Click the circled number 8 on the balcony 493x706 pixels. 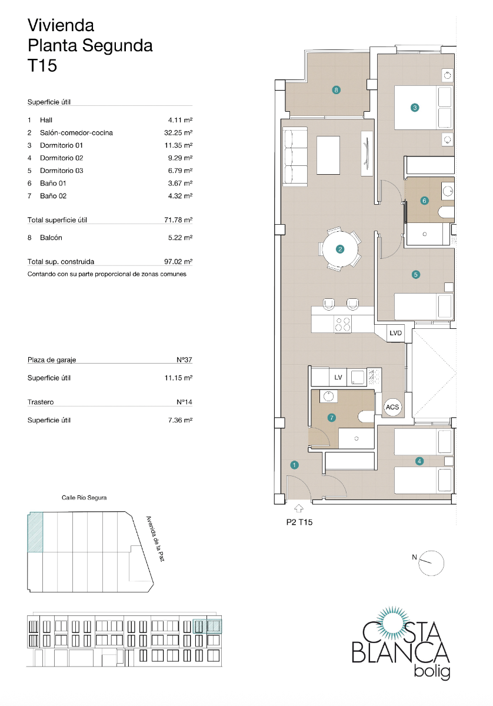click(336, 90)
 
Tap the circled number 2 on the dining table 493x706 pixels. click(340, 249)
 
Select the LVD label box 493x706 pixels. click(396, 333)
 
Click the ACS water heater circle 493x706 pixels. click(392, 407)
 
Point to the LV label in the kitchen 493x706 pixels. click(338, 377)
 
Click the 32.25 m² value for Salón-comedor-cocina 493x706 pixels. click(179, 132)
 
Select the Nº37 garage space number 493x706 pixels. click(185, 359)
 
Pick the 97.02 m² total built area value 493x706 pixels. click(179, 262)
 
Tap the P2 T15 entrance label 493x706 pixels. click(298, 521)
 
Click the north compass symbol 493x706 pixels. click(432, 562)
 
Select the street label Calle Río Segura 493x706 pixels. click(84, 498)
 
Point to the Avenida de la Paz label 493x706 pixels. click(154, 538)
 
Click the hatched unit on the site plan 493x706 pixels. click(36, 532)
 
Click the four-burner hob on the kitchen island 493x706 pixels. click(342, 324)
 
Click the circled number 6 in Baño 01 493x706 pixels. click(425, 201)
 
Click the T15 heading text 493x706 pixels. click(43, 66)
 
